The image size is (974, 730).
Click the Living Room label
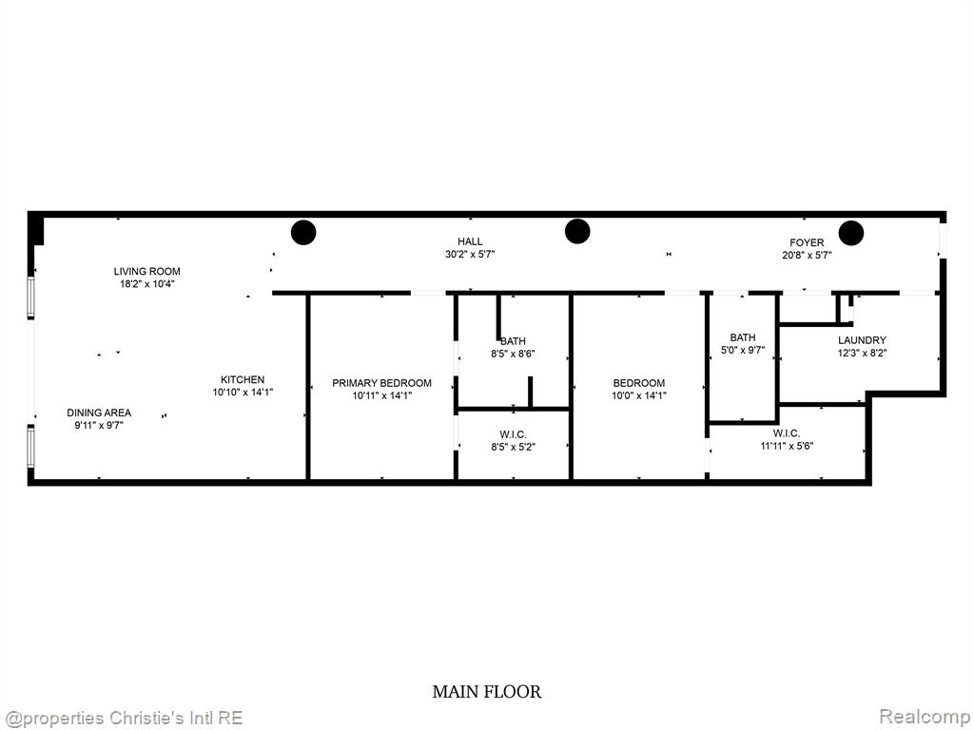(146, 271)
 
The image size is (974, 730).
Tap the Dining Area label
(99, 413)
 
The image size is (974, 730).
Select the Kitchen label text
(243, 379)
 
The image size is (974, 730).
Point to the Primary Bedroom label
(381, 383)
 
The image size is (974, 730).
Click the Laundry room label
(862, 340)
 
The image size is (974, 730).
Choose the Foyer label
(807, 242)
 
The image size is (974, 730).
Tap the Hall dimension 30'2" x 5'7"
(470, 254)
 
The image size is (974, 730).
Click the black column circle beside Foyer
(851, 233)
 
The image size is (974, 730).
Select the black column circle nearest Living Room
(303, 233)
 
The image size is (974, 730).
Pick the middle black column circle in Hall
(577, 232)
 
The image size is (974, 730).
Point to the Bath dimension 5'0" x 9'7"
(743, 350)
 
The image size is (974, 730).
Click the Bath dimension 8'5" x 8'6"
(513, 354)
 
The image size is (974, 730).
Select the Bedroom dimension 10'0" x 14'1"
(638, 395)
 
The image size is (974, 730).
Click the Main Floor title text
(486, 692)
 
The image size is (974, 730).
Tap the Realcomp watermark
(925, 717)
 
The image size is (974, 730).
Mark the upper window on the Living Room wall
(30, 298)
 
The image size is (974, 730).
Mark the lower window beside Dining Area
(30, 447)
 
